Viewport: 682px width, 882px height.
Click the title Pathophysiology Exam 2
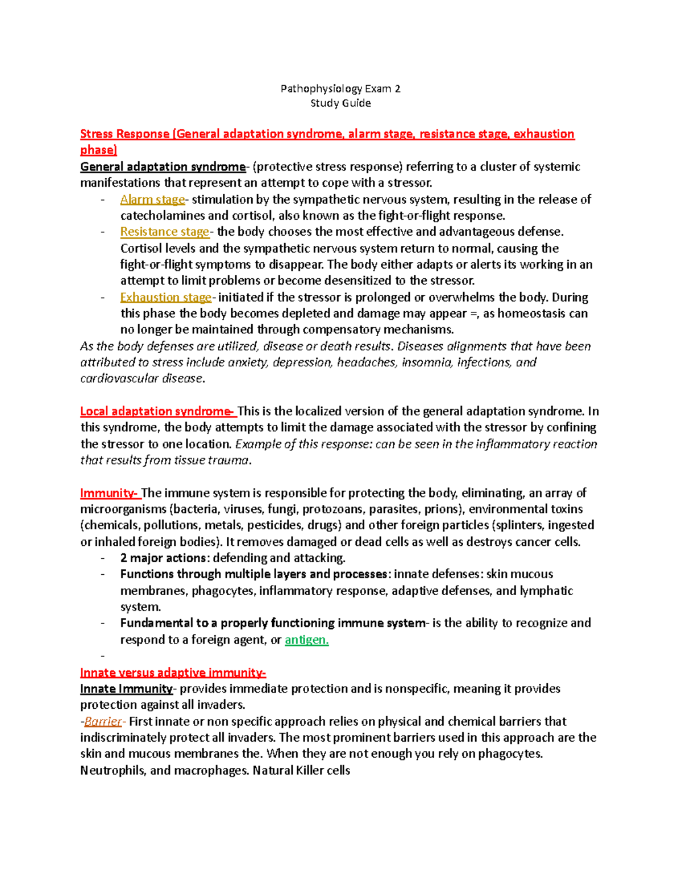tap(340, 89)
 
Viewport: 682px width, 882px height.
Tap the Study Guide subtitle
tap(340, 103)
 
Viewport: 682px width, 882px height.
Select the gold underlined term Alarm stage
tap(152, 199)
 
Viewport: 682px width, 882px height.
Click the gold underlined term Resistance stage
tap(165, 232)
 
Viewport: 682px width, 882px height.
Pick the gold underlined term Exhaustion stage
tap(165, 297)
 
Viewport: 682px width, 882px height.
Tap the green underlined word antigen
tap(306, 640)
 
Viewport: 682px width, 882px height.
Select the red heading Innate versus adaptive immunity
tap(173, 673)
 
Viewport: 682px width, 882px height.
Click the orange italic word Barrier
tap(103, 722)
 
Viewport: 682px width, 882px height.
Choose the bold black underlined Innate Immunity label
tap(126, 689)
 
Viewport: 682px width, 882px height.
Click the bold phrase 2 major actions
tap(163, 558)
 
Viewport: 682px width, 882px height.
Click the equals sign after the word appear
tap(473, 314)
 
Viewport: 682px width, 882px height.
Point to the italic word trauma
tap(230, 460)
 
